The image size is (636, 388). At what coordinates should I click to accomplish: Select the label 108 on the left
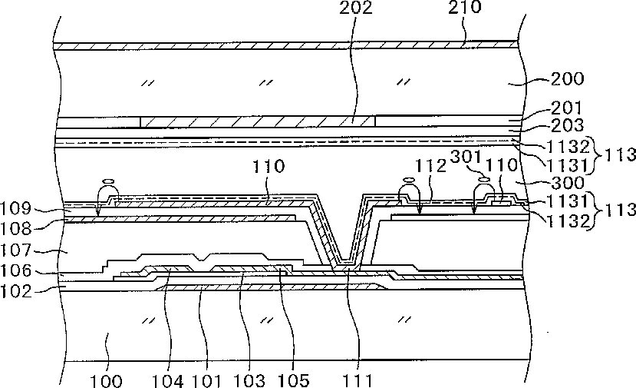(16, 227)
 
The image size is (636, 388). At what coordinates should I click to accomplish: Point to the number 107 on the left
(16, 251)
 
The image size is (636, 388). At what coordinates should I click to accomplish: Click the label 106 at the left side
(16, 271)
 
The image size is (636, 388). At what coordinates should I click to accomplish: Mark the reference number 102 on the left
(16, 290)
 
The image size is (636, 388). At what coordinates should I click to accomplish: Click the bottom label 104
(167, 380)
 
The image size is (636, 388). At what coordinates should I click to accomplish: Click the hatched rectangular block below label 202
(257, 121)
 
